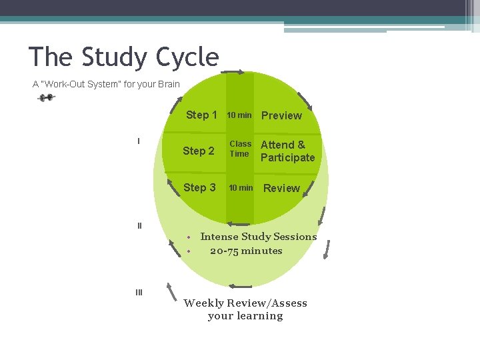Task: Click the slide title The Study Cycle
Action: coord(124,57)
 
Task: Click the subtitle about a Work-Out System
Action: coord(106,85)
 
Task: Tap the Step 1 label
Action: coord(201,115)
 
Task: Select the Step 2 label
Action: coord(199,151)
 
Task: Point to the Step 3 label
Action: coord(199,187)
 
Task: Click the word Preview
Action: coord(281,115)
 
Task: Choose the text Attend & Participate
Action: coord(287,151)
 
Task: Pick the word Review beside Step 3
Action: coord(281,188)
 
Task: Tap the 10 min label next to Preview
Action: coord(239,115)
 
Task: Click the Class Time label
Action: coord(240,149)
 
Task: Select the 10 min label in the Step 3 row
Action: coord(241,188)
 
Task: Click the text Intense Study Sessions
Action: coord(259,237)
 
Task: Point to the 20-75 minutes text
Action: coord(246,251)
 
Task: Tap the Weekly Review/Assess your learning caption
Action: coord(245,309)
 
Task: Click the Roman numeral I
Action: coord(139,141)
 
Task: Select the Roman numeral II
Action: coord(139,225)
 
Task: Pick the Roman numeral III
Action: coord(139,292)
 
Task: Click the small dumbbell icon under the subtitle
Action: coord(47,98)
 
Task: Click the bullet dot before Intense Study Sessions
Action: coord(189,237)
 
